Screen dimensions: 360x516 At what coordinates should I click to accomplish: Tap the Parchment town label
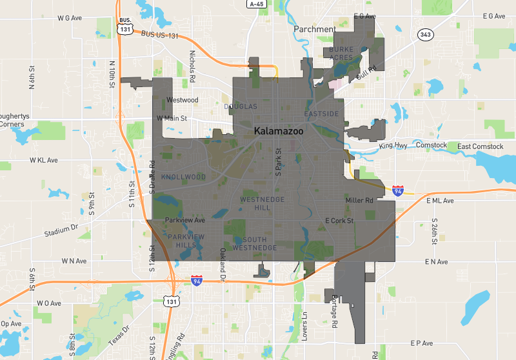tap(314, 29)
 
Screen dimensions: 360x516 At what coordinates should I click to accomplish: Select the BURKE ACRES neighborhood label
tap(341, 53)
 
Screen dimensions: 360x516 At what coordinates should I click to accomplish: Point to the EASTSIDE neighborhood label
tap(321, 114)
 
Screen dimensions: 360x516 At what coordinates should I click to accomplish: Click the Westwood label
tap(182, 100)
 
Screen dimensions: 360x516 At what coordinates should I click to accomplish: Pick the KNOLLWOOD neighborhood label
tap(184, 177)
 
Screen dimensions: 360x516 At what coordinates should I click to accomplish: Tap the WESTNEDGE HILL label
tap(255, 204)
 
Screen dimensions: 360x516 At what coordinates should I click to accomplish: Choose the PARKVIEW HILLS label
tap(186, 241)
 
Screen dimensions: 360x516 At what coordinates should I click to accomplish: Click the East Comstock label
tap(481, 146)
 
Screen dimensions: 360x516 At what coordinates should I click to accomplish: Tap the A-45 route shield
tap(256, 4)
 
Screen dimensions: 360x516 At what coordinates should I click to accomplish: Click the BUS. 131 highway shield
tap(124, 26)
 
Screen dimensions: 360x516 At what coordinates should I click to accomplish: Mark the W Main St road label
tap(172, 119)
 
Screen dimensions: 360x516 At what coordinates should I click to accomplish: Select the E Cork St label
tap(340, 221)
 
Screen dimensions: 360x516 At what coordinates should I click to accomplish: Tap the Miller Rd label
tap(359, 201)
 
